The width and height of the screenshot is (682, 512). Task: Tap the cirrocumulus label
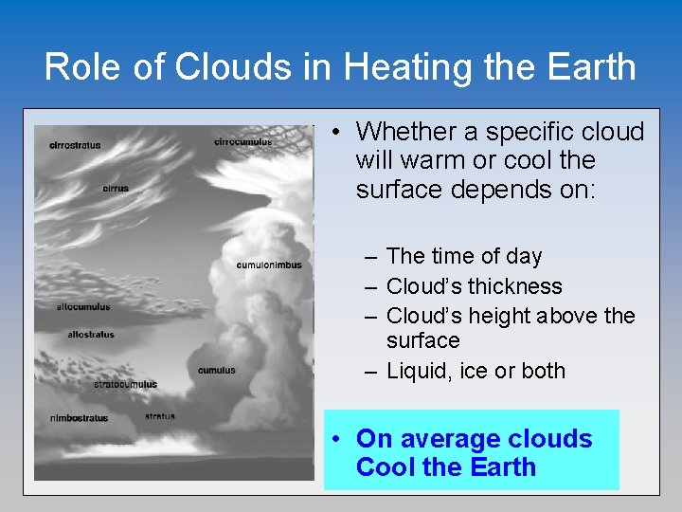click(x=243, y=142)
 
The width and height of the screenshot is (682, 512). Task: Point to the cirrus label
click(x=116, y=188)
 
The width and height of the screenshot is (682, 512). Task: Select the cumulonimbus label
click(x=269, y=265)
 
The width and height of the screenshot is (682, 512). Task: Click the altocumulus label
click(x=83, y=306)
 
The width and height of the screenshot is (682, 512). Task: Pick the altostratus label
click(x=91, y=334)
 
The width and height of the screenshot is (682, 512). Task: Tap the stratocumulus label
click(x=125, y=384)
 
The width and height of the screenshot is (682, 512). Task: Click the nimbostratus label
click(x=79, y=417)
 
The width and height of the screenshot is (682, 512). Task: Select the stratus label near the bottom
click(x=159, y=415)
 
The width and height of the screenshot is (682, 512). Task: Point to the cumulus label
click(x=217, y=370)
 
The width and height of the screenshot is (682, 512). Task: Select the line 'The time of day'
click(x=464, y=256)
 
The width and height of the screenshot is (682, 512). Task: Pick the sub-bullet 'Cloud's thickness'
click(x=474, y=286)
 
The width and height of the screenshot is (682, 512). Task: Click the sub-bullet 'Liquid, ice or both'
click(x=476, y=371)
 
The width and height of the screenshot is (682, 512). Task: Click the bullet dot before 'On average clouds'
click(x=336, y=440)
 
